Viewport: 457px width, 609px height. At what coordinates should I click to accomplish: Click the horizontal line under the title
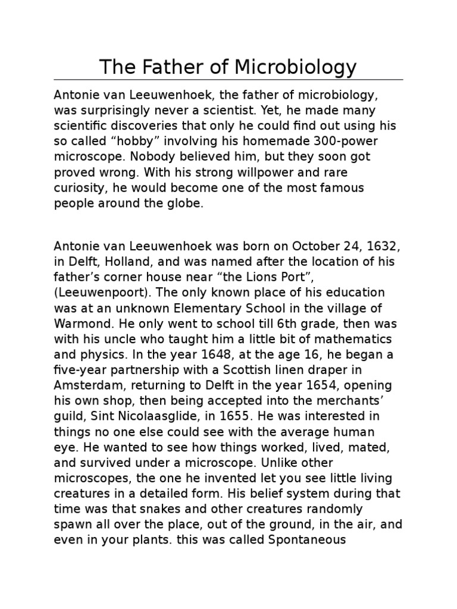coord(228,80)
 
